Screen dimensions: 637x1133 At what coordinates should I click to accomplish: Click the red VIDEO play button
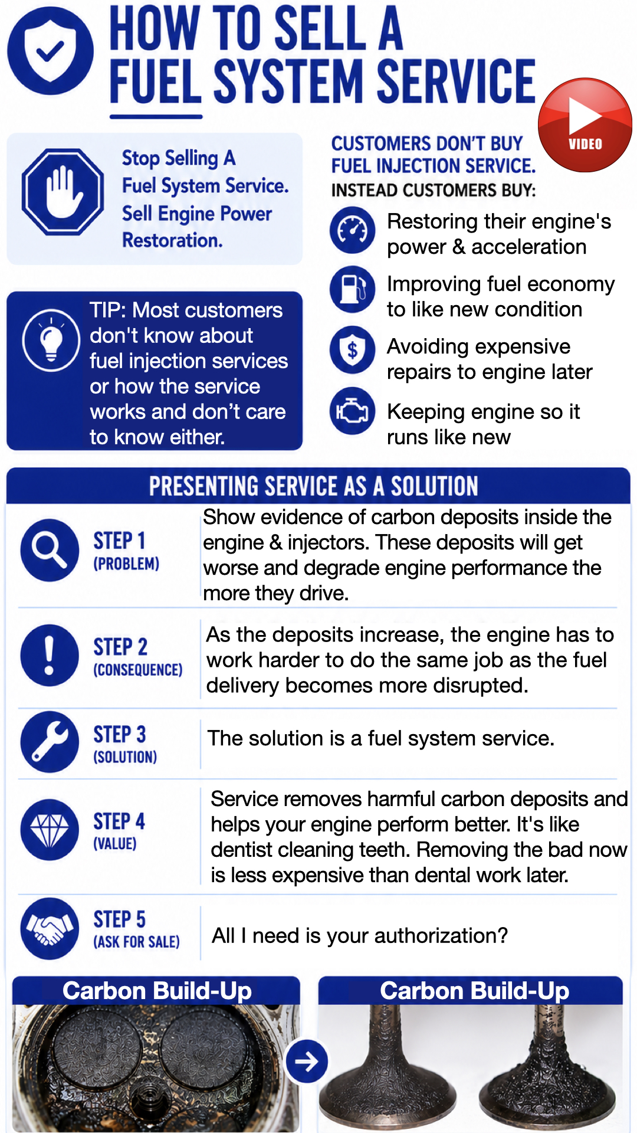pyautogui.click(x=585, y=125)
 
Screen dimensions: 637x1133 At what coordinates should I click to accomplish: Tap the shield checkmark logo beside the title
pyautogui.click(x=50, y=51)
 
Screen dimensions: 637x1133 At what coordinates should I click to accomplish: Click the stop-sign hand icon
pyautogui.click(x=63, y=192)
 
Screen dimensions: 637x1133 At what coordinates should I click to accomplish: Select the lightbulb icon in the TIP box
pyautogui.click(x=51, y=340)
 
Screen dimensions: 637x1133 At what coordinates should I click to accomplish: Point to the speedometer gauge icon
pyautogui.click(x=352, y=230)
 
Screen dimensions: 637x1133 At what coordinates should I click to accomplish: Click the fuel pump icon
pyautogui.click(x=352, y=289)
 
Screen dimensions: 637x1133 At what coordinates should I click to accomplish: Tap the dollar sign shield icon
pyautogui.click(x=352, y=350)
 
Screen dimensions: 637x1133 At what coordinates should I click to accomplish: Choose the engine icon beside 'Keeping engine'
pyautogui.click(x=352, y=411)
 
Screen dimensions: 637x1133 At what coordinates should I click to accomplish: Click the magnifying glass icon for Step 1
pyautogui.click(x=50, y=550)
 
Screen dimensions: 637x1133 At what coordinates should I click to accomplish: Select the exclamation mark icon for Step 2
pyautogui.click(x=50, y=656)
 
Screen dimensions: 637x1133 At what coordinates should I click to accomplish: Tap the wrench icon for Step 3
pyautogui.click(x=50, y=742)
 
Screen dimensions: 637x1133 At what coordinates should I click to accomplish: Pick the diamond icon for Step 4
pyautogui.click(x=50, y=830)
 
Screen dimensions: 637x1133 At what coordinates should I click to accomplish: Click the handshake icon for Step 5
pyautogui.click(x=50, y=929)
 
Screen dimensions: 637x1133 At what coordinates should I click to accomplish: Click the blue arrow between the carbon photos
pyautogui.click(x=307, y=1062)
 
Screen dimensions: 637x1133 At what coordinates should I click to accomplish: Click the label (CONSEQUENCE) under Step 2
pyautogui.click(x=138, y=670)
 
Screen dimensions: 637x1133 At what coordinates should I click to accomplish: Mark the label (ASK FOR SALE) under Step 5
pyautogui.click(x=136, y=942)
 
